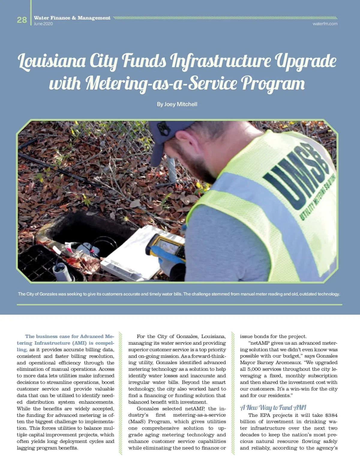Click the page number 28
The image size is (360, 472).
[x=22, y=20]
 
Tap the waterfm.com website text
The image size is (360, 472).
[x=325, y=24]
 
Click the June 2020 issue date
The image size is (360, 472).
[x=43, y=24]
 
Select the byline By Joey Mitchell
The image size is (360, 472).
[x=177, y=104]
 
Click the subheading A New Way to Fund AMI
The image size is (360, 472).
[x=273, y=408]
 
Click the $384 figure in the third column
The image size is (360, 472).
[x=331, y=415]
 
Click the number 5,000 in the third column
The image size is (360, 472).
[x=253, y=369]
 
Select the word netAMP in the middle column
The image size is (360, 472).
[x=195, y=409]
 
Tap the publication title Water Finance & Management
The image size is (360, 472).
[x=72, y=18]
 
